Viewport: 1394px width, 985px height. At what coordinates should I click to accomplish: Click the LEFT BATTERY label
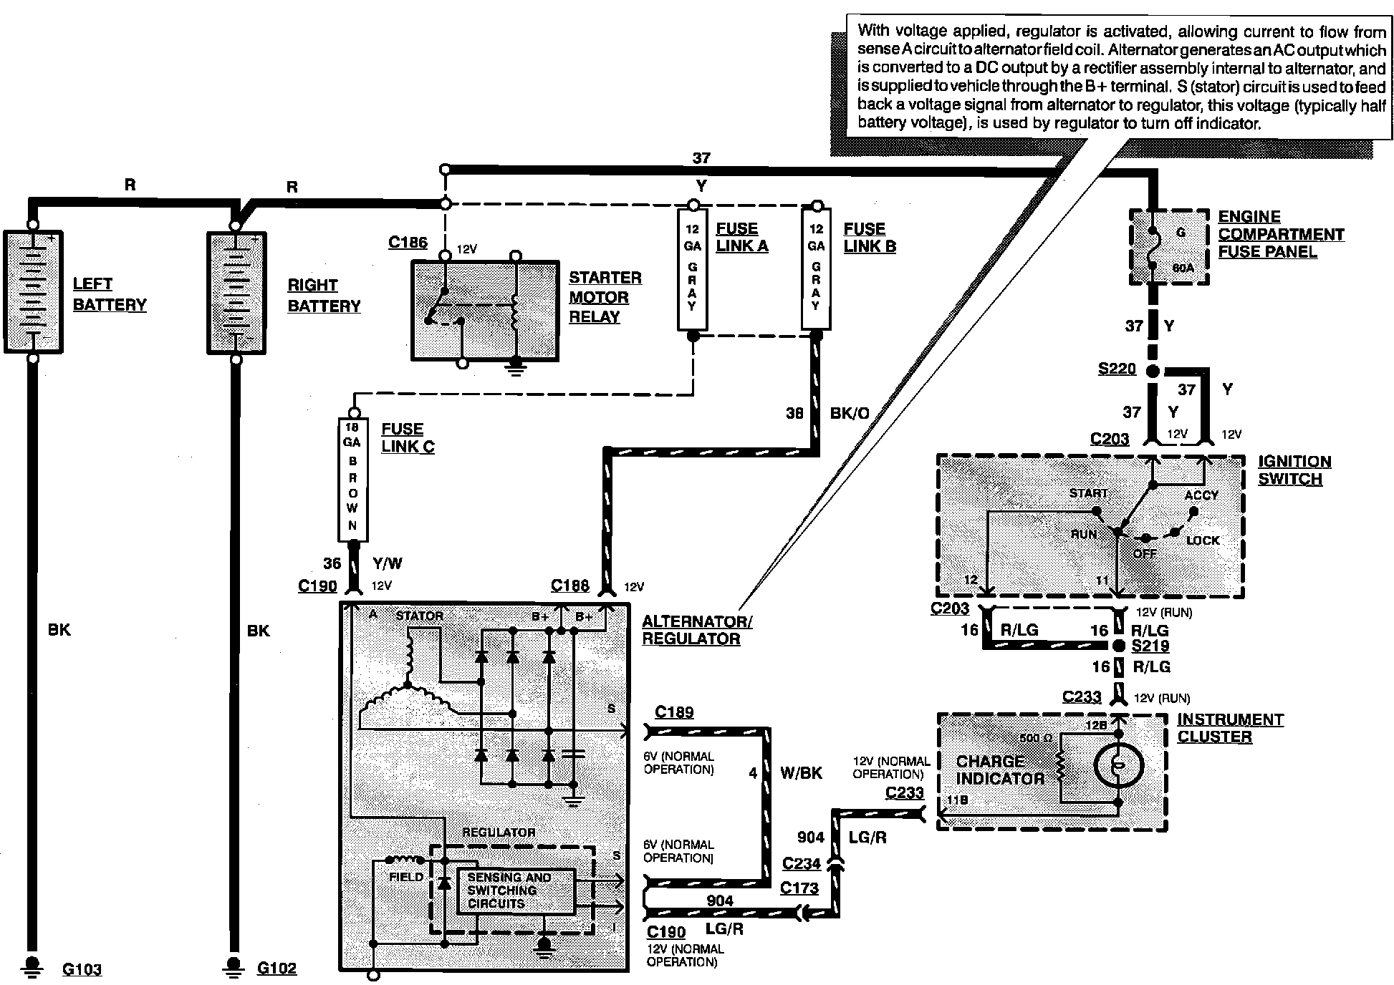110,294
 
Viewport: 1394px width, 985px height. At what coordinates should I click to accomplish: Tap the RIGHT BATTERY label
324,296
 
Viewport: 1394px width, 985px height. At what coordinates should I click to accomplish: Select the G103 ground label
82,970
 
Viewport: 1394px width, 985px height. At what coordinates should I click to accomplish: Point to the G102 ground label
277,969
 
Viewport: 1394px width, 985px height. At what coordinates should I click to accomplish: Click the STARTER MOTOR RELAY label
605,297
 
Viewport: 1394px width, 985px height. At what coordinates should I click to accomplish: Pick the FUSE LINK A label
742,237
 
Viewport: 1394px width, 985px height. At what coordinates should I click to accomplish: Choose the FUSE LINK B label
870,237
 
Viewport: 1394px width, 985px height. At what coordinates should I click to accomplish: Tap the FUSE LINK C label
408,437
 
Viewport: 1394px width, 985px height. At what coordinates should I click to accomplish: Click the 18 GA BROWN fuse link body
352,480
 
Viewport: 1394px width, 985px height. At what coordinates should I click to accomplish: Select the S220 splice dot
1152,372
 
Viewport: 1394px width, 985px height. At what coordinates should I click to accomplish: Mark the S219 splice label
1150,646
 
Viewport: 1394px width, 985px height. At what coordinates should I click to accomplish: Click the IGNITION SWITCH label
1294,470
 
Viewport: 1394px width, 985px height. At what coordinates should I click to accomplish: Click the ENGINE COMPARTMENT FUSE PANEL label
1281,234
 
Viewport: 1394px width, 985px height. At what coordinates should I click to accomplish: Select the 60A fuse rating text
1183,268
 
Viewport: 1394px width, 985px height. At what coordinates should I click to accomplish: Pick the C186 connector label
408,242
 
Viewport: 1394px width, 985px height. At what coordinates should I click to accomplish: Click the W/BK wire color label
801,772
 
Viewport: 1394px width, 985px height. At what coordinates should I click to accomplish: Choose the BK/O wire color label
850,413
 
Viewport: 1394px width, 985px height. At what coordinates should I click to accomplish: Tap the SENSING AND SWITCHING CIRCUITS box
516,891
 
